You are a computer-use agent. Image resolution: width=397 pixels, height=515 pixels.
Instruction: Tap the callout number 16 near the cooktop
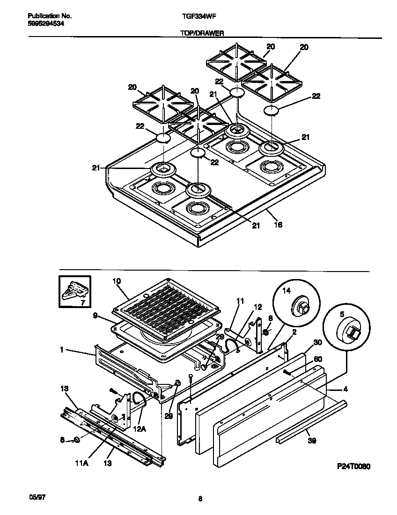tap(278, 225)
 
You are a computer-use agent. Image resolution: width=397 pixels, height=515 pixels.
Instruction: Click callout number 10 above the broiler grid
tap(117, 281)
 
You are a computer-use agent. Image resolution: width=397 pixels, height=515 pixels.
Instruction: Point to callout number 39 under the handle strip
tap(310, 441)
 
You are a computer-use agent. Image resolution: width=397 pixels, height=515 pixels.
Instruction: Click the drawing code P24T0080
tap(353, 467)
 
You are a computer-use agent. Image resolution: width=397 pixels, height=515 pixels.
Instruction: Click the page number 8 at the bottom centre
tap(200, 499)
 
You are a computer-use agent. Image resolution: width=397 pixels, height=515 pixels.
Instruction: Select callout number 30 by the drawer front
tap(318, 343)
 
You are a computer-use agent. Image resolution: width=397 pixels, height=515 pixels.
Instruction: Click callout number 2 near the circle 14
tap(294, 332)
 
